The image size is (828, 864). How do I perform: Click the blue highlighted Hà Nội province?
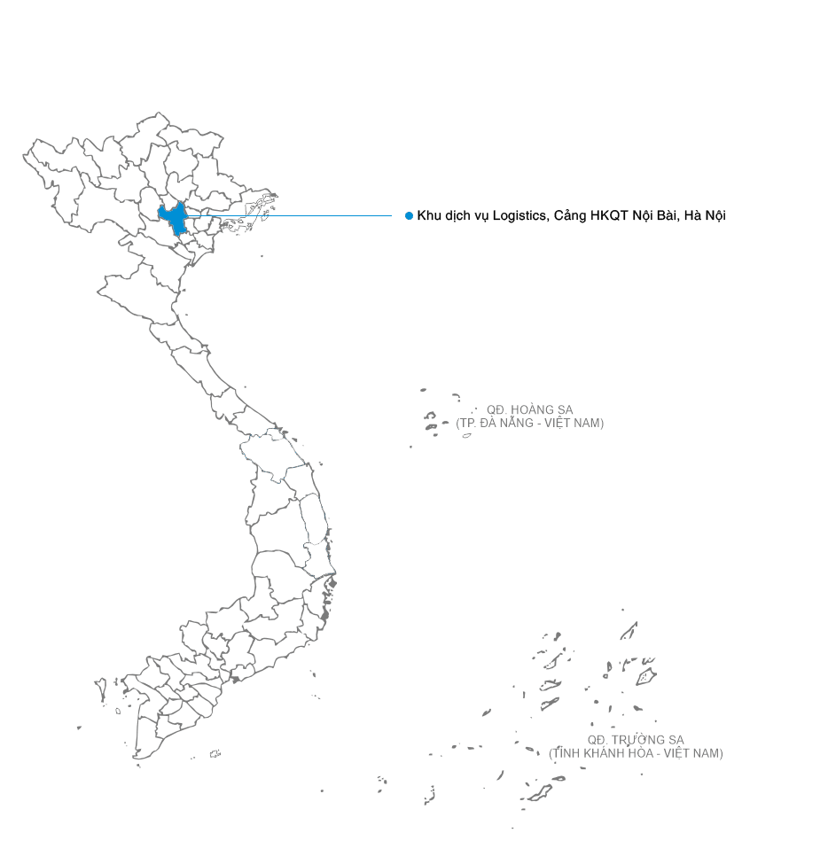174,217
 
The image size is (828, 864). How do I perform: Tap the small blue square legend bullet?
409,215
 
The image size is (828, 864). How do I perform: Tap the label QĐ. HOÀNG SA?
529,410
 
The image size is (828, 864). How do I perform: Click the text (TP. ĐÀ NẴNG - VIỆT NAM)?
529,424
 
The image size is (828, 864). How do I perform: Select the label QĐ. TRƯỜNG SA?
636,740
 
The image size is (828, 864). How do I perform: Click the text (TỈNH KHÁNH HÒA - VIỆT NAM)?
636,753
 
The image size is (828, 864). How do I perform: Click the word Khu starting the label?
429,215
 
